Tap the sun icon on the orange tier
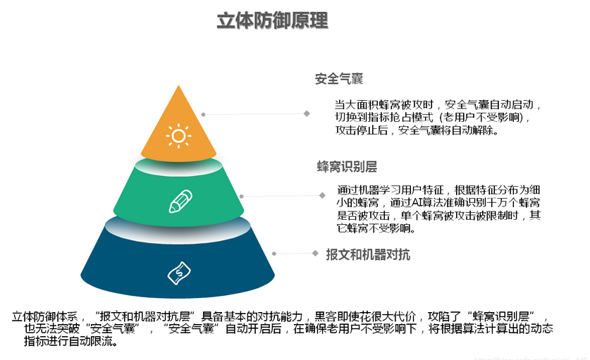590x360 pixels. point(178,135)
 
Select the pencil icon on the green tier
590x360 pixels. point(180,201)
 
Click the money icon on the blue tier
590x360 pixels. point(179,271)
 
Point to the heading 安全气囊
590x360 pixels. point(339,79)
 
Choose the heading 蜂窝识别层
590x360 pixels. point(347,167)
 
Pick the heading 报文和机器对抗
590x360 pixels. point(368,254)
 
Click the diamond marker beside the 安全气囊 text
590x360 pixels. point(307,113)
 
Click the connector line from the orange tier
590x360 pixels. point(254,113)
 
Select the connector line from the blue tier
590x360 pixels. point(293,252)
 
